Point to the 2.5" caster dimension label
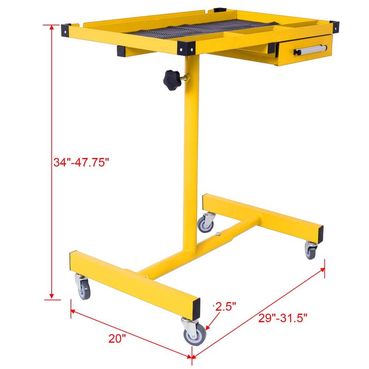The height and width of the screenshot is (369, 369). coord(226,307)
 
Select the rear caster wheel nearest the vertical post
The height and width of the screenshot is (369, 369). coord(205,223)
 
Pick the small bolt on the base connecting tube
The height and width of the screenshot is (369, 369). coord(218,234)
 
